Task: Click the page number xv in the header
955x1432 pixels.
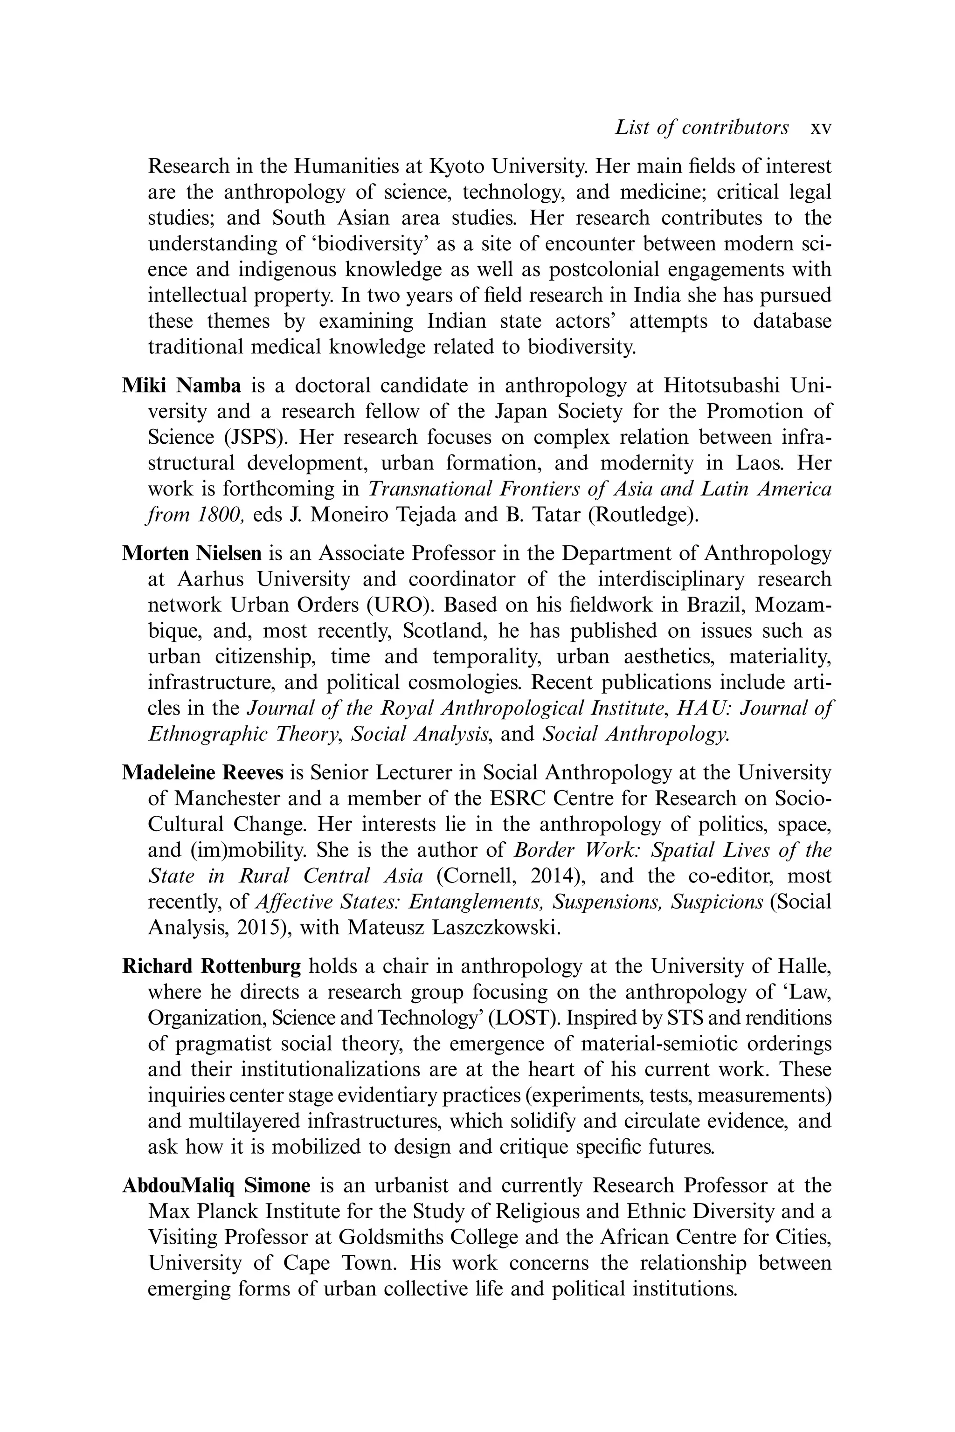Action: pos(820,128)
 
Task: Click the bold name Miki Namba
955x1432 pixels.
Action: pos(181,386)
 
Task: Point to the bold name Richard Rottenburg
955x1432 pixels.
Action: pos(211,966)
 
